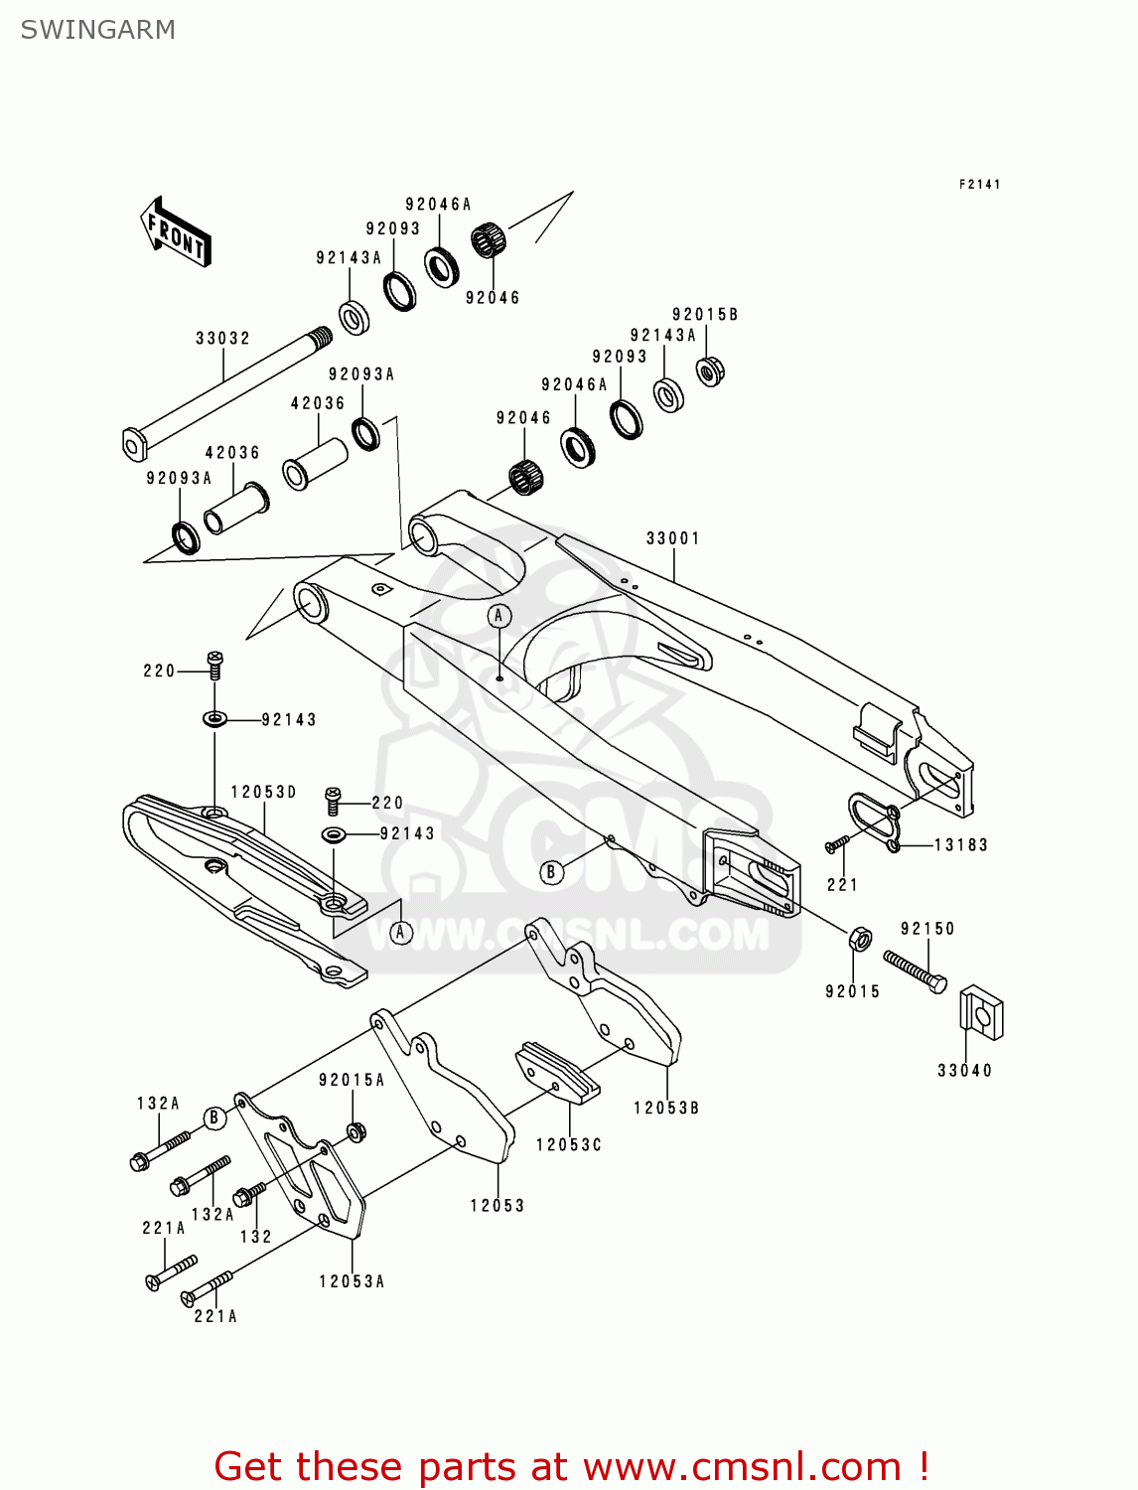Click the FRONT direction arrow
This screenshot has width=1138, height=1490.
click(x=176, y=232)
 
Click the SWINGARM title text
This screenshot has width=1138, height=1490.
click(x=97, y=30)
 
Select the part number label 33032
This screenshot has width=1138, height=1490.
click(x=222, y=339)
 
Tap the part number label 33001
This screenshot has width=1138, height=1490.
click(x=673, y=538)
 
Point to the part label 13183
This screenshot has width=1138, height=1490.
click(x=960, y=845)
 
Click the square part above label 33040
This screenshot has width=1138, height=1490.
click(x=981, y=1013)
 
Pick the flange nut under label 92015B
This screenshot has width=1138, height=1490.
click(x=709, y=372)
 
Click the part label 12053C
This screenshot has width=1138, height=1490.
click(x=569, y=1145)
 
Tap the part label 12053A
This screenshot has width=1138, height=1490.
click(x=352, y=1282)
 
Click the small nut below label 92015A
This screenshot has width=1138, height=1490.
click(x=356, y=1130)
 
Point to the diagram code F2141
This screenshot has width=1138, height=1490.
click(x=979, y=184)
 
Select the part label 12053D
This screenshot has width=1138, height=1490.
click(x=263, y=792)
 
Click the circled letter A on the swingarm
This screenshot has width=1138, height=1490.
click(x=499, y=616)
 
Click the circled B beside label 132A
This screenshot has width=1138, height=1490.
click(x=213, y=1118)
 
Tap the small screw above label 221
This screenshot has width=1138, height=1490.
click(x=836, y=844)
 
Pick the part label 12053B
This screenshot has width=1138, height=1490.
click(x=666, y=1108)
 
